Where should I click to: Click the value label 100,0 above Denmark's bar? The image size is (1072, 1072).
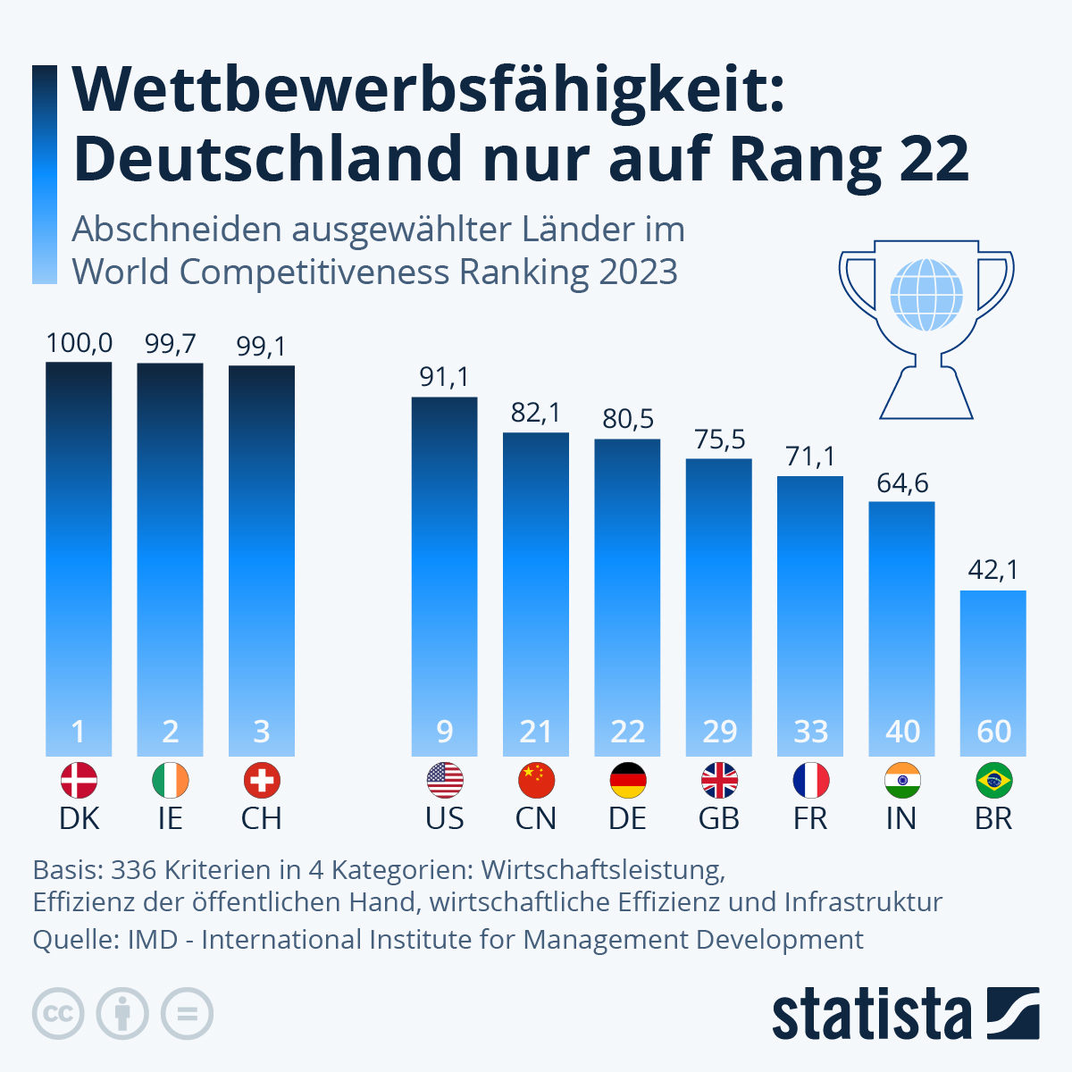(x=80, y=343)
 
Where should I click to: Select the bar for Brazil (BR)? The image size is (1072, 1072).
(x=992, y=661)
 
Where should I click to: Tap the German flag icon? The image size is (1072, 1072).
(x=628, y=781)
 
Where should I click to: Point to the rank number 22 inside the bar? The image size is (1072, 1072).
(x=628, y=732)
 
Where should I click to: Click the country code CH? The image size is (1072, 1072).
(x=261, y=818)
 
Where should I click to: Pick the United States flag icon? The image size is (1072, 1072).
(x=445, y=781)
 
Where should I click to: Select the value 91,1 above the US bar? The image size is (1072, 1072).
(x=444, y=377)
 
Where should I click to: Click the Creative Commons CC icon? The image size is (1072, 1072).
(x=58, y=1014)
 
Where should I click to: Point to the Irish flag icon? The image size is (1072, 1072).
(x=171, y=781)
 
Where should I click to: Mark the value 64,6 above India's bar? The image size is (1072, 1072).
(x=902, y=483)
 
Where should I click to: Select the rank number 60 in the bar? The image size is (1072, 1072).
(x=993, y=732)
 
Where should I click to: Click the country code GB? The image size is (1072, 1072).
(x=719, y=818)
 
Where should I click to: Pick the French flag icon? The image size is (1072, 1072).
(x=811, y=781)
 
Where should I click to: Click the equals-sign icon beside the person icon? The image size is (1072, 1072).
(x=187, y=1014)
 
